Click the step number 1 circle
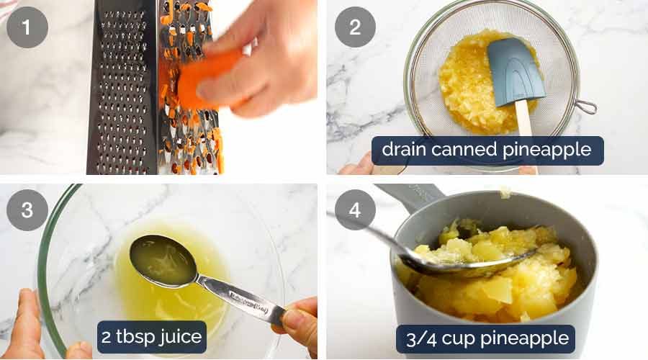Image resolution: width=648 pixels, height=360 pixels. click(x=27, y=27)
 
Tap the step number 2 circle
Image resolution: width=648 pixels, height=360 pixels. click(x=355, y=27)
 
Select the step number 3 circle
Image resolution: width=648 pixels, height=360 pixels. click(x=27, y=210)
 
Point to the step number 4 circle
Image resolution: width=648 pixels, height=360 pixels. click(x=355, y=210)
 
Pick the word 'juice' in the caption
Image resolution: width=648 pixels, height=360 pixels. click(x=180, y=336)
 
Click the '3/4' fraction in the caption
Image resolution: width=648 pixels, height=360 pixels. click(x=418, y=337)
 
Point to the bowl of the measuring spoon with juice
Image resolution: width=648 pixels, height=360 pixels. click(x=162, y=260)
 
